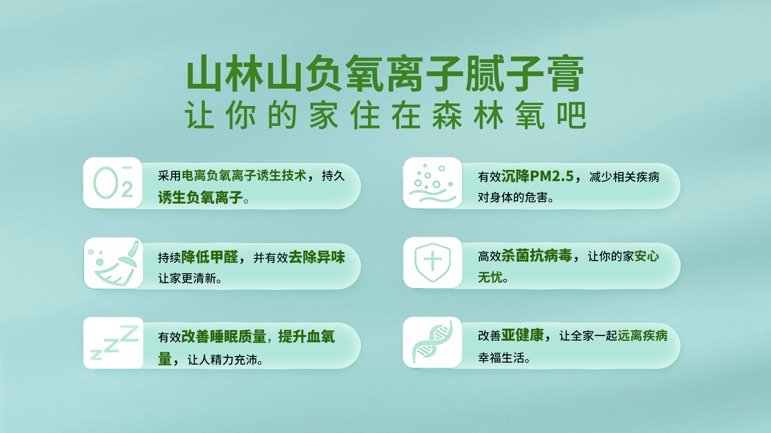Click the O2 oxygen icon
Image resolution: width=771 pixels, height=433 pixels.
113,183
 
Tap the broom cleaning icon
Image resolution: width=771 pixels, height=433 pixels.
114,263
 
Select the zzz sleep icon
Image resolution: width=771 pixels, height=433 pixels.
114,342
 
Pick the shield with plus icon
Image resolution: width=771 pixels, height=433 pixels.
432,262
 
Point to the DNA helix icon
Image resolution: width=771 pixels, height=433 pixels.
432,342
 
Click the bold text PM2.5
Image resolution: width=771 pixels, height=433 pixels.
552,176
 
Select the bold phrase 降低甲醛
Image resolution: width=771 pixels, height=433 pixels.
210,257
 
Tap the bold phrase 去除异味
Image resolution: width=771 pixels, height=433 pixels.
316,257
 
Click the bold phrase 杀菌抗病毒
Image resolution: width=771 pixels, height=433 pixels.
536,255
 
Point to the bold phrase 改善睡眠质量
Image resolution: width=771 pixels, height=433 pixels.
224,336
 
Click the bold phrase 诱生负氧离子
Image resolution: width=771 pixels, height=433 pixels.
200,197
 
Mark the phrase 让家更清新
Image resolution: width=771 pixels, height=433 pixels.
187,278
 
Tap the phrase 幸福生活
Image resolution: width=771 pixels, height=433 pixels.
501,358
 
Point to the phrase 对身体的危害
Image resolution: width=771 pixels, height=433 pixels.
513,197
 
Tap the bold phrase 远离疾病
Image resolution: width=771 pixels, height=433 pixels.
642,336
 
